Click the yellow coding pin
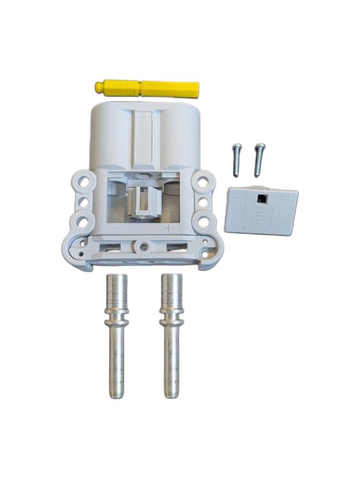(x=148, y=88)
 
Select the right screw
(x=259, y=159)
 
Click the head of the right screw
(x=260, y=147)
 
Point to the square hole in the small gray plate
(x=263, y=200)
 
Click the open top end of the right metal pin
(x=171, y=276)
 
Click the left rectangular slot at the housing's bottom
(x=111, y=248)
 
